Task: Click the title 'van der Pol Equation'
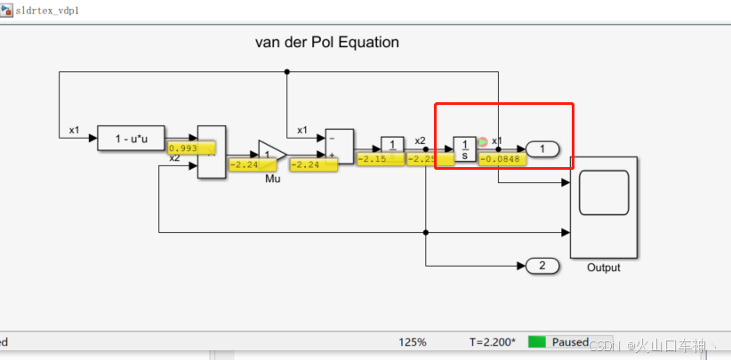pyautogui.click(x=326, y=42)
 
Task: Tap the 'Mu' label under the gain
pyautogui.click(x=272, y=179)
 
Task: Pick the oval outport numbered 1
pyautogui.click(x=542, y=149)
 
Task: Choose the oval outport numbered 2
pyautogui.click(x=542, y=265)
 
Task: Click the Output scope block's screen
pyautogui.click(x=604, y=193)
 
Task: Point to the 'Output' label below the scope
pyautogui.click(x=603, y=268)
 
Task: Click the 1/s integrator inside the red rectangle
pyautogui.click(x=464, y=148)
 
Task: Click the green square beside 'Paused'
pyautogui.click(x=536, y=342)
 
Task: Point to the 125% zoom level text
pyautogui.click(x=412, y=342)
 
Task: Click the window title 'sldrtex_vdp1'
pyautogui.click(x=52, y=10)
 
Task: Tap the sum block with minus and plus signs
pyautogui.click(x=339, y=147)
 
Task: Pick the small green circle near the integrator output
pyautogui.click(x=482, y=141)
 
